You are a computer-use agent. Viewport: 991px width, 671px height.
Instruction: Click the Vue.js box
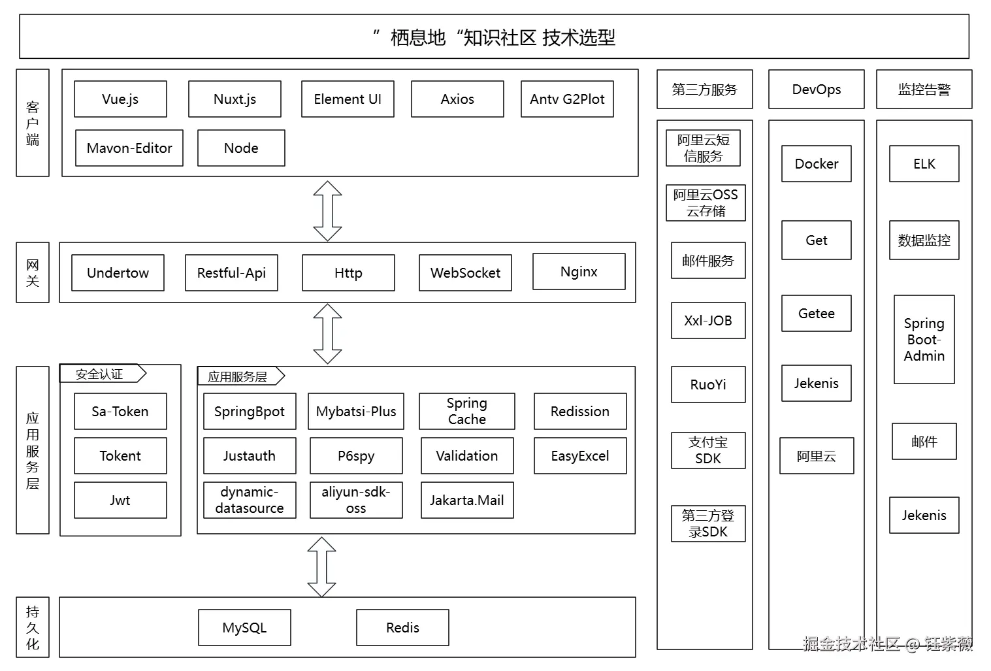click(x=120, y=99)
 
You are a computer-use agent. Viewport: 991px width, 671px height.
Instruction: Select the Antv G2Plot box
click(x=567, y=99)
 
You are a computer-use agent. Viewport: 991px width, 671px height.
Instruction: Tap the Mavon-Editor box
click(x=129, y=148)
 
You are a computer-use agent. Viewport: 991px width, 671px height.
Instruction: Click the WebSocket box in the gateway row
click(x=465, y=273)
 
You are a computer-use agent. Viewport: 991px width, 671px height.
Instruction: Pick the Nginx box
click(x=579, y=272)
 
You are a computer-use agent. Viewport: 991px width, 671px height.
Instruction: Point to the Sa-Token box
click(x=120, y=412)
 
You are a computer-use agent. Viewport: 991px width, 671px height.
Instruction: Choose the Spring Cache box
click(x=466, y=412)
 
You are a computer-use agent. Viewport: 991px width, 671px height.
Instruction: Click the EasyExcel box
click(x=580, y=456)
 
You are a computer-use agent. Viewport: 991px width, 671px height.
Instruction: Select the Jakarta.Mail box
click(x=467, y=500)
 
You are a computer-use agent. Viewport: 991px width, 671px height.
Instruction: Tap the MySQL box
click(x=244, y=628)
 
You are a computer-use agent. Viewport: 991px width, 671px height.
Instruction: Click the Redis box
click(x=402, y=628)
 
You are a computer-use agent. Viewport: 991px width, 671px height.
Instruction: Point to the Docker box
click(x=817, y=164)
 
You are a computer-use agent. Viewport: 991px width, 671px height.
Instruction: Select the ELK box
click(x=924, y=164)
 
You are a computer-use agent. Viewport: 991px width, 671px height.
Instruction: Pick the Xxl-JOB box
click(x=708, y=321)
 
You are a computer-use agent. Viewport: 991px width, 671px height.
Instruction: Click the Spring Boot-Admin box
click(x=924, y=340)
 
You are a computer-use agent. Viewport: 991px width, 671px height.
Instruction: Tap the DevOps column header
click(x=817, y=90)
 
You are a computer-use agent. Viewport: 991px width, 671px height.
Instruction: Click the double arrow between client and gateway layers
click(x=328, y=211)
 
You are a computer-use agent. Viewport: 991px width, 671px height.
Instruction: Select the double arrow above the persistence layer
click(x=322, y=566)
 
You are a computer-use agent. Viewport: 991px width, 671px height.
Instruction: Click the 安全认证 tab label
click(x=100, y=374)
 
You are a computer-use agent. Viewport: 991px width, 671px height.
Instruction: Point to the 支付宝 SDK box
click(x=708, y=451)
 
